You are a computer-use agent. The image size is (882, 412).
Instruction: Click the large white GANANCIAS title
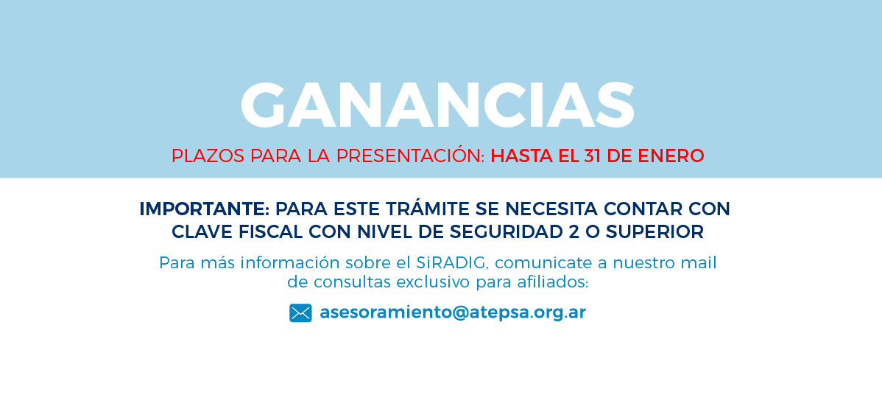coord(437,105)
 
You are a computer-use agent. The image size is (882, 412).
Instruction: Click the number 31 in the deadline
coord(593,156)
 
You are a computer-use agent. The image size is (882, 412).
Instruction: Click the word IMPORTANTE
coord(203,209)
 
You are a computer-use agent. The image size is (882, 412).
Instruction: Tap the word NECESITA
coord(551,209)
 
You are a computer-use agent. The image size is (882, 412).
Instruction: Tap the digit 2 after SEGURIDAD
coord(574,232)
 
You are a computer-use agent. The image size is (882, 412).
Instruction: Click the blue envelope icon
coord(300,313)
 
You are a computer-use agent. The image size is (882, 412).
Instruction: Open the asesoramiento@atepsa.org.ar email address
coord(453,313)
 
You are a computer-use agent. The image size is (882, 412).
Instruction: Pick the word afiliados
coord(552,282)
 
